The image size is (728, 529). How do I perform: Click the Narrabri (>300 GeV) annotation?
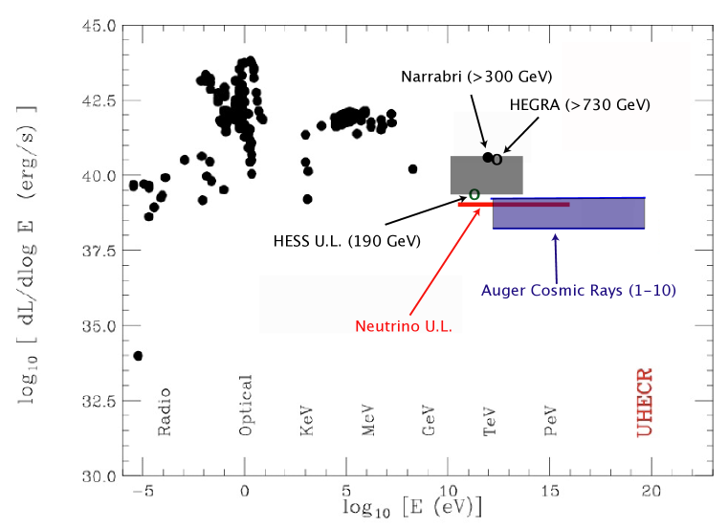point(476,76)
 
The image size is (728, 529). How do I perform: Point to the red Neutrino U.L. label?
point(403,325)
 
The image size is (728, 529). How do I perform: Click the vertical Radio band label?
point(165,412)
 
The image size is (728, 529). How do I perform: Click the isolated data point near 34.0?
point(138,356)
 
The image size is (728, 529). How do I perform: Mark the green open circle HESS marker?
point(474,194)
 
